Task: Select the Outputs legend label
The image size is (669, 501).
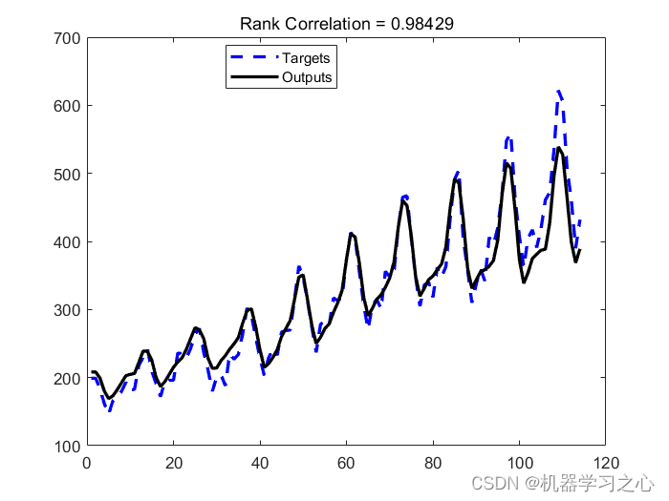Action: [x=308, y=77]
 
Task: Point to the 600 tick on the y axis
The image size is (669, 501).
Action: [x=67, y=105]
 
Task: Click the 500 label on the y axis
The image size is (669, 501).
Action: [x=67, y=174]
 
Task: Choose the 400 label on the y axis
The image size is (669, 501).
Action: [x=67, y=241]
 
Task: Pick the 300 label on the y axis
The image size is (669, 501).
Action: [x=67, y=310]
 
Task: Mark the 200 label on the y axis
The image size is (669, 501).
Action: [x=67, y=378]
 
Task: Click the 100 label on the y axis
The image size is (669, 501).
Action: [x=67, y=446]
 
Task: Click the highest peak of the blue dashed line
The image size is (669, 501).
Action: [x=559, y=92]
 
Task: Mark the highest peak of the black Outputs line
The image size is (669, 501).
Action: [x=559, y=148]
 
